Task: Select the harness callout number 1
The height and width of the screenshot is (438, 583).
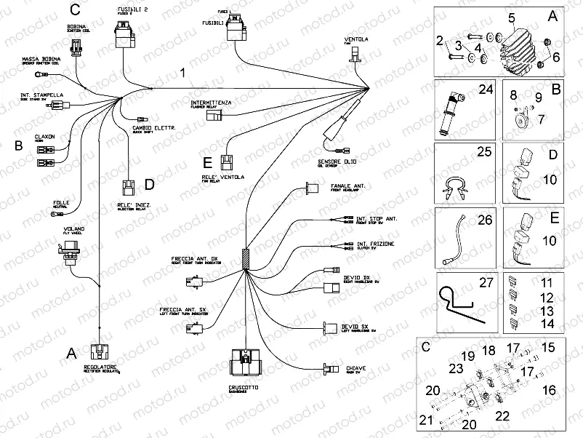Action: coord(183,73)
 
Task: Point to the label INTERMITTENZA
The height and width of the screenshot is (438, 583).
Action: coord(211,103)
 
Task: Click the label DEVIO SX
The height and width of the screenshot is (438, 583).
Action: coord(355,328)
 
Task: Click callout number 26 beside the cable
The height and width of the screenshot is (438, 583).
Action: coord(484,220)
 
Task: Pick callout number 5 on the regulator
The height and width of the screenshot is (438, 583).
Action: coord(511,17)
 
